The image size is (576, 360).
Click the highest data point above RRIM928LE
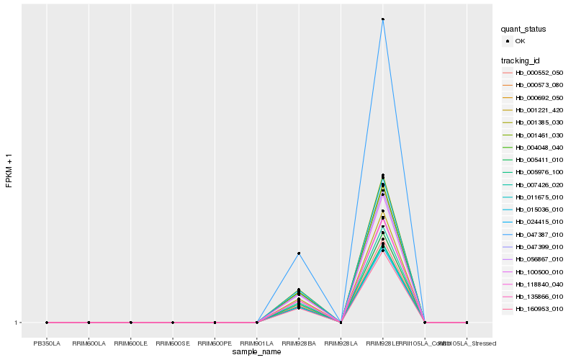coord(383,19)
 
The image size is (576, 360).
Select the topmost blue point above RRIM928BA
coord(299,253)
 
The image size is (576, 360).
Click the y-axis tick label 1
coord(16,323)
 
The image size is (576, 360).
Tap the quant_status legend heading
coord(523,30)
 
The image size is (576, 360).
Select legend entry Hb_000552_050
coord(539,73)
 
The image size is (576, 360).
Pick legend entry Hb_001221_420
coord(539,110)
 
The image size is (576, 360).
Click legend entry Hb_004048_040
coord(539,147)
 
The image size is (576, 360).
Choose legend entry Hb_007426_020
coord(539,184)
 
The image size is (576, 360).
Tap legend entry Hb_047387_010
coord(539,234)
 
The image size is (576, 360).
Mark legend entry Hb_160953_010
coord(539,308)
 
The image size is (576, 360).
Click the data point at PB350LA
coord(47,323)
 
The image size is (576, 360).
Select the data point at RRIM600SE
coord(173,323)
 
